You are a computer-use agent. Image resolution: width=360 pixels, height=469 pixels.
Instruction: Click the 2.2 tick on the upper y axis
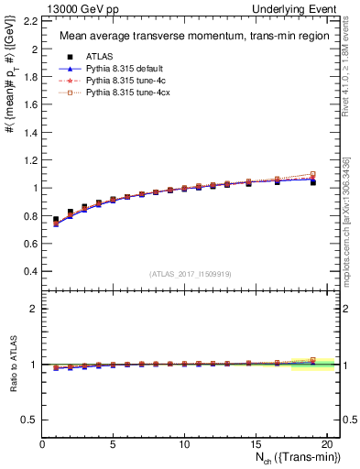pos(32,20)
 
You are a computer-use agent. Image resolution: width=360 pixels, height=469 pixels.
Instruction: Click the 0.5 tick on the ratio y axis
pos(32,420)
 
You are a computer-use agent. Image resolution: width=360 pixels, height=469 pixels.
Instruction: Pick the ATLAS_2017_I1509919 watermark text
pos(189,274)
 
